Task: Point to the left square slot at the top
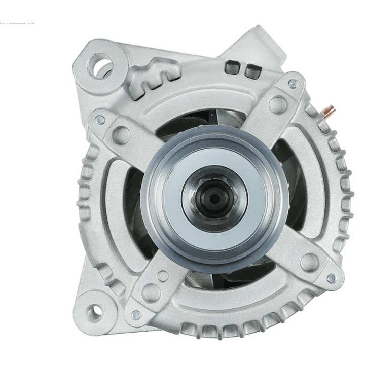point(233,66)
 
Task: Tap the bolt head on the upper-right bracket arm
point(293,83)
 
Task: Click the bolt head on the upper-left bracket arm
point(100,120)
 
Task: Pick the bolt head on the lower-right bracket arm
point(331,278)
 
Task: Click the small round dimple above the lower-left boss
point(163,276)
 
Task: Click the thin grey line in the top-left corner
point(18,23)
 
